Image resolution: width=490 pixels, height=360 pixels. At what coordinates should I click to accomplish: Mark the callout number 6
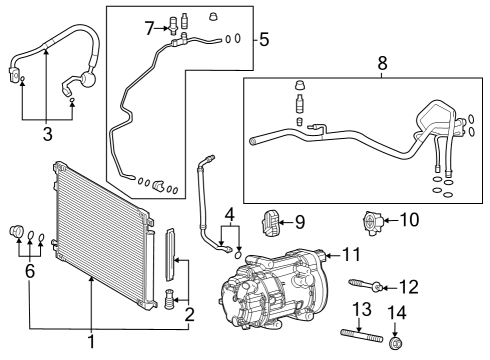[30, 270]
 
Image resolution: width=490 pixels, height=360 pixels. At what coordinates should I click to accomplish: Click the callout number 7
[149, 26]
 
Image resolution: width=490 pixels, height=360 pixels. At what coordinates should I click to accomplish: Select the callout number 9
[300, 220]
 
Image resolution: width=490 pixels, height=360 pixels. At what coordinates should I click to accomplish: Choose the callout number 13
[360, 308]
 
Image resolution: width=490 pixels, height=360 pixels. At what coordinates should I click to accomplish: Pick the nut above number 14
[396, 344]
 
